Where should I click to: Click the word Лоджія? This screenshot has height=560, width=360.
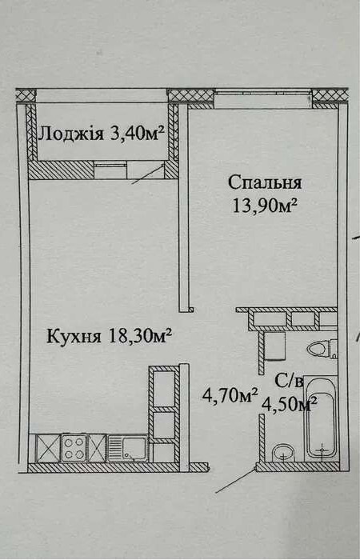pyautogui.click(x=71, y=134)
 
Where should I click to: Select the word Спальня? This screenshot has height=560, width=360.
pyautogui.click(x=265, y=183)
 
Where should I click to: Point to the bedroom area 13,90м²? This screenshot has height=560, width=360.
pyautogui.click(x=265, y=206)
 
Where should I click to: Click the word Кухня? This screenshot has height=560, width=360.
pyautogui.click(x=74, y=336)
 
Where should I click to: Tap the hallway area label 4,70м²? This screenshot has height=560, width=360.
pyautogui.click(x=230, y=396)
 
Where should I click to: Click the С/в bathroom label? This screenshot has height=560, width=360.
pyautogui.click(x=290, y=382)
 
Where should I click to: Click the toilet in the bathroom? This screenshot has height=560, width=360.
pyautogui.click(x=322, y=349)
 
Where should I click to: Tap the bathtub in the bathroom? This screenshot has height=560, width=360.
pyautogui.click(x=321, y=418)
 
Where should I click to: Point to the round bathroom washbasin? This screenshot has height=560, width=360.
pyautogui.click(x=283, y=453)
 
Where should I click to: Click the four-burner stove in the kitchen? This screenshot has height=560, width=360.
pyautogui.click(x=74, y=448)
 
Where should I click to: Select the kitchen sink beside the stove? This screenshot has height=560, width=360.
pyautogui.click(x=127, y=448)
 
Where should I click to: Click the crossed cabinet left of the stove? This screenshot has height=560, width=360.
pyautogui.click(x=48, y=448)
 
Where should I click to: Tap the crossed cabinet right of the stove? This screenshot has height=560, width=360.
pyautogui.click(x=97, y=448)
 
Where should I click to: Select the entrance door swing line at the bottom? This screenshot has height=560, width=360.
pyautogui.click(x=236, y=481)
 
